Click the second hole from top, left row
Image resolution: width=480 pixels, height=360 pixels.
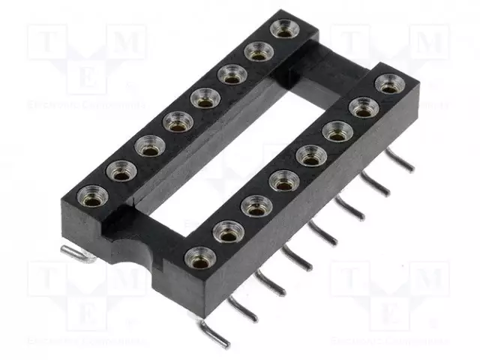(x=257, y=52)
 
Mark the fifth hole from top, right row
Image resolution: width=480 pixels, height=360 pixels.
(x=281, y=181)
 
